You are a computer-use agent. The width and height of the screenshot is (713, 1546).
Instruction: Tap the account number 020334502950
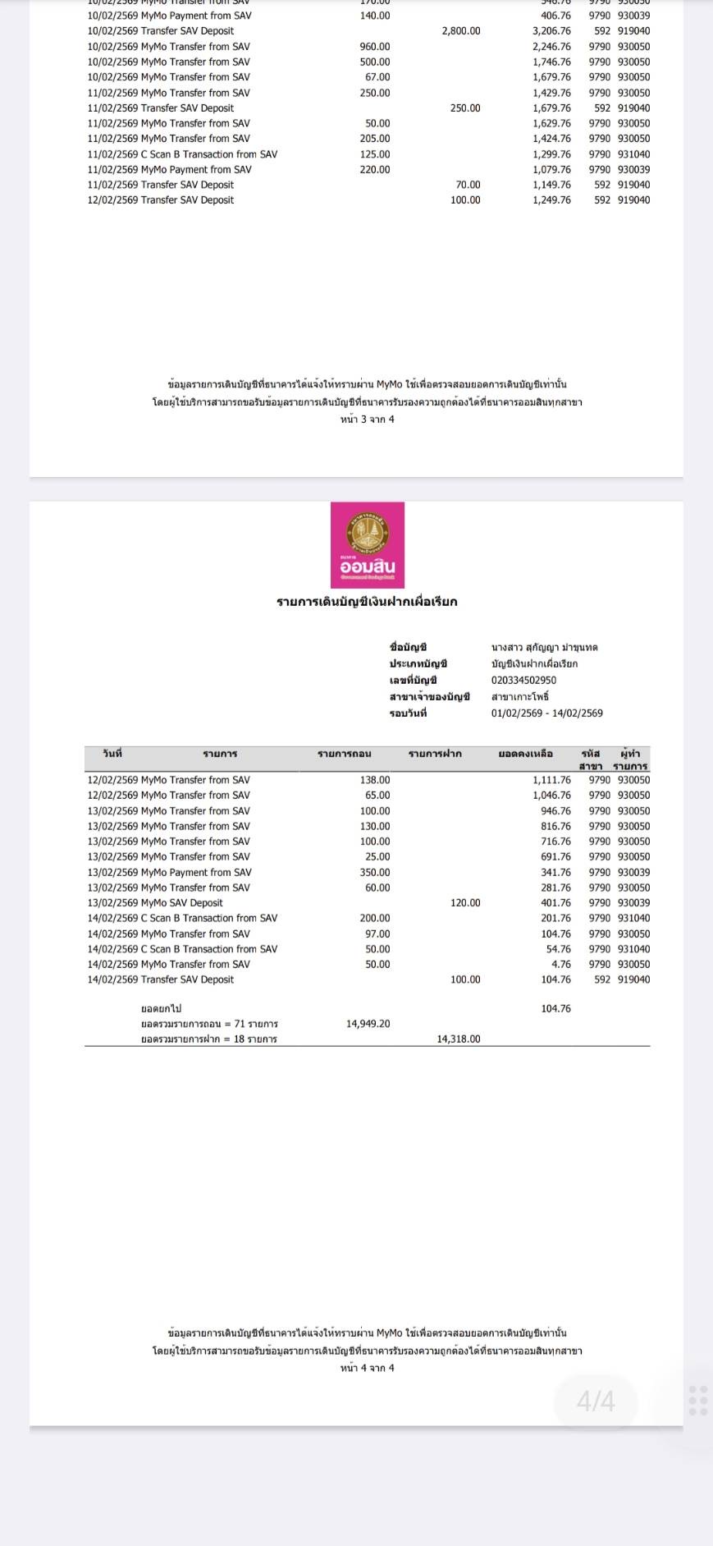point(523,680)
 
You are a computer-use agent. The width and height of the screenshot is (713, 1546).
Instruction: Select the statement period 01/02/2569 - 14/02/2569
point(546,713)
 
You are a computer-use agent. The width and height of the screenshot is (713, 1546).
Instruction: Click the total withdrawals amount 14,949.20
point(368,1024)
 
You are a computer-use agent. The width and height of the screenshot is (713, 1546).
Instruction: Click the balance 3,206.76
point(551,31)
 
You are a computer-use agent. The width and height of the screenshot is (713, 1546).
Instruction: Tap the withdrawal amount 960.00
point(374,47)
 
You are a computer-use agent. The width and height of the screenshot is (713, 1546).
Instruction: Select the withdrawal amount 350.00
point(374,872)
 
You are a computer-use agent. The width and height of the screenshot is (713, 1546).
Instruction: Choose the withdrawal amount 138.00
point(374,780)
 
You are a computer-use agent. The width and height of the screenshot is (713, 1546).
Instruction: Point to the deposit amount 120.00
point(464,902)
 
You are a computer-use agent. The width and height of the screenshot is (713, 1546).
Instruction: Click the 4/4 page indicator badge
point(596,1401)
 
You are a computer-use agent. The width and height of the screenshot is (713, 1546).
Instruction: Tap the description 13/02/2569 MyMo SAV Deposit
point(155,902)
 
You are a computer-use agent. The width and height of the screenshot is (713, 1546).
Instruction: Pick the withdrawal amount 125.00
point(374,154)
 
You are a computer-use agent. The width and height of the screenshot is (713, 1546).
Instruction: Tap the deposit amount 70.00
point(468,185)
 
